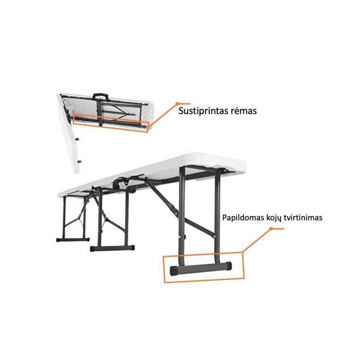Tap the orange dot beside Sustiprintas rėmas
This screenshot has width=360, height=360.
coord(177,104)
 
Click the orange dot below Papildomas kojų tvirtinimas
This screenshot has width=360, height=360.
coord(271,229)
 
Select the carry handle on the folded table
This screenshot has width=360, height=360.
coord(100,96)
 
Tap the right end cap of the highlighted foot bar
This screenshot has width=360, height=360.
coord(229,266)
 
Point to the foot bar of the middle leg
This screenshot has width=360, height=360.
coord(112,248)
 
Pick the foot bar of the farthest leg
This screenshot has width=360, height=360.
coord(73,240)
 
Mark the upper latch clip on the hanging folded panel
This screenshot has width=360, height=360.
coord(77,139)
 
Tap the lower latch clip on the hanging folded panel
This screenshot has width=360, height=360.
coord(80,161)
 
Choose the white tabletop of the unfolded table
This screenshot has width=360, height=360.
coord(152,175)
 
